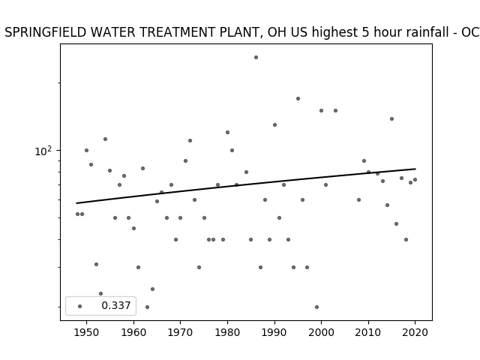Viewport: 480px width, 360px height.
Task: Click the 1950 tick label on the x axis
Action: click(86, 332)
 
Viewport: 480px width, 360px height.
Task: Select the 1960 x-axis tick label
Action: click(133, 332)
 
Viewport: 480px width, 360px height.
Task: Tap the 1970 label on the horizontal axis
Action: click(180, 332)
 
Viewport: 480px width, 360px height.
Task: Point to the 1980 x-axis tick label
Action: click(227, 332)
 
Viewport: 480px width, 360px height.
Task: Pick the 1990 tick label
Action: click(274, 332)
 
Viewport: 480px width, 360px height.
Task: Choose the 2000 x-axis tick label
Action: click(322, 332)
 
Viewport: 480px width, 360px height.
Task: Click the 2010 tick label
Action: click(368, 332)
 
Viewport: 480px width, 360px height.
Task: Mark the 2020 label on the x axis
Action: click(415, 332)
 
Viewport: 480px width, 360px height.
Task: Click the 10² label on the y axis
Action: click(43, 151)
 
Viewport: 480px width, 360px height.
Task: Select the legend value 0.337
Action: click(116, 305)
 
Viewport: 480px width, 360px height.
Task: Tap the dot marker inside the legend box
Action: click(80, 306)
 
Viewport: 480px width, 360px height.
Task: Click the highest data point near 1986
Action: click(256, 57)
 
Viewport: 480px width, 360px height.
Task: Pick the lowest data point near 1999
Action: click(316, 307)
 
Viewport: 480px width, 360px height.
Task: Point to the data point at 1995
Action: click(298, 98)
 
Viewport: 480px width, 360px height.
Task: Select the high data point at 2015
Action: click(391, 118)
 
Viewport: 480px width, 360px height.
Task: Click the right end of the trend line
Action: click(415, 169)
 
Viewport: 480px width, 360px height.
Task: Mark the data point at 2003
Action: click(335, 110)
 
